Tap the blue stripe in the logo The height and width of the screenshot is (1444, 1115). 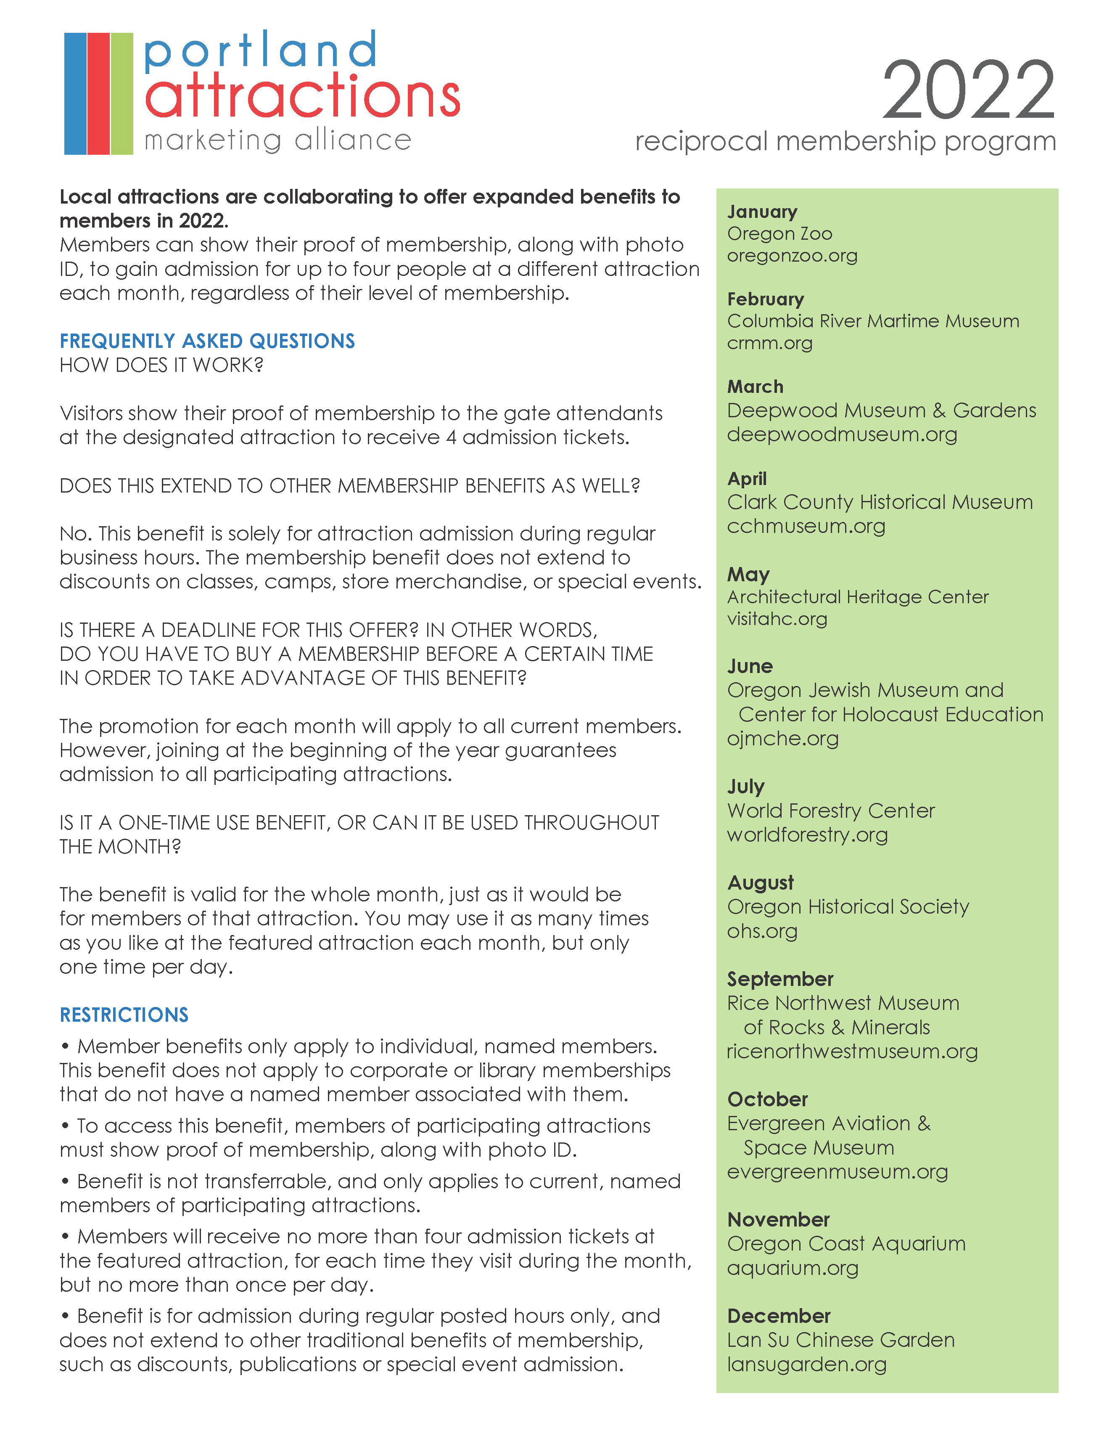[x=75, y=93]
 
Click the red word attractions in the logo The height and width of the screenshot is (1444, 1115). [x=302, y=96]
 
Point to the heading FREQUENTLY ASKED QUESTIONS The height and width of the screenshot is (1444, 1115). [x=207, y=341]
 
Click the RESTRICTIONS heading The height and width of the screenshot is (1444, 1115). [x=124, y=1015]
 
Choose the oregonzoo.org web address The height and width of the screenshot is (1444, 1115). [x=792, y=256]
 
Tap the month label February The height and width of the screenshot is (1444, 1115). [x=765, y=299]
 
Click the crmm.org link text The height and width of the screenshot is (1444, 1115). [x=769, y=343]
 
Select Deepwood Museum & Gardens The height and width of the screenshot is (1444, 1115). [x=881, y=411]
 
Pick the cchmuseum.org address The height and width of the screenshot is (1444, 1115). [x=806, y=526]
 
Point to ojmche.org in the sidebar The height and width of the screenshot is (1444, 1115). [x=782, y=739]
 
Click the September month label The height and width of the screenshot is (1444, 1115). [x=780, y=979]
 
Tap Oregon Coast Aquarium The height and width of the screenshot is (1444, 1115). [x=846, y=1244]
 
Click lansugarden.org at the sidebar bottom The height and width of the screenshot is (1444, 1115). [x=806, y=1364]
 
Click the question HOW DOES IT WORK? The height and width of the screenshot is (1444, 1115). [x=162, y=365]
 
